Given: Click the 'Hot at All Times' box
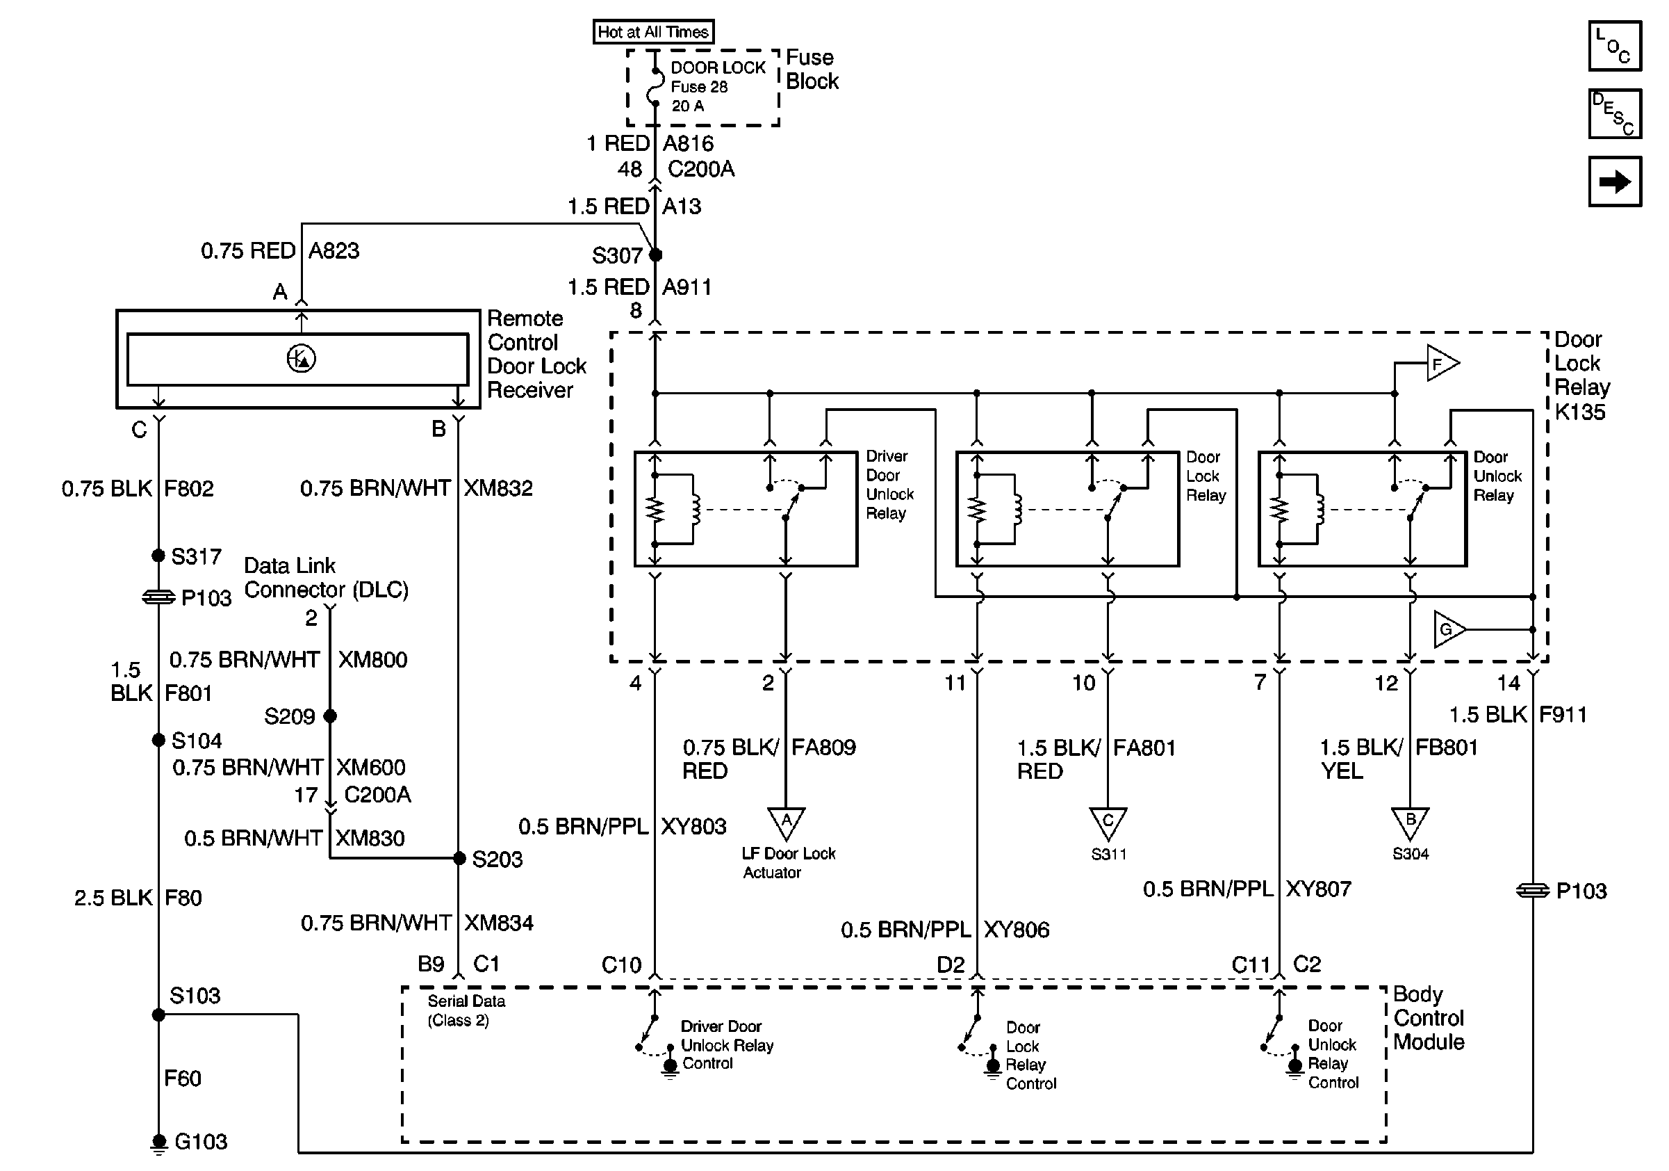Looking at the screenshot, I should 652,32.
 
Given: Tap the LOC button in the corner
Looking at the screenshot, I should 1615,47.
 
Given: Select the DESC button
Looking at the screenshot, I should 1615,113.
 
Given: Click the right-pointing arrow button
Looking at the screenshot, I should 1615,181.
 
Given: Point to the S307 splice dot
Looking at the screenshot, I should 656,255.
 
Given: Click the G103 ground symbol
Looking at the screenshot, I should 158,1142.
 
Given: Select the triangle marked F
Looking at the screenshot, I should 1441,363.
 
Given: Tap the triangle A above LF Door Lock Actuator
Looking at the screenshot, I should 786,822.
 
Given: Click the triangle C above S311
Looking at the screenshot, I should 1108,822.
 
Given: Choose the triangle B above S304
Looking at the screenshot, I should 1411,822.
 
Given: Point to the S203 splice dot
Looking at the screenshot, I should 459,858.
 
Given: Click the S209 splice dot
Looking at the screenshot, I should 330,716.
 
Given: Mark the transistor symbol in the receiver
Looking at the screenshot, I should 301,359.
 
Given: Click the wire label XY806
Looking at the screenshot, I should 1017,930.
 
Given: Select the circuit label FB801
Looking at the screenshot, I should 1447,748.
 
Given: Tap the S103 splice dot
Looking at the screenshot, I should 158,1015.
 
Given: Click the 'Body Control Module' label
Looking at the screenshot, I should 1429,1018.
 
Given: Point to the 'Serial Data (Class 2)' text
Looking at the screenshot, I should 466,1010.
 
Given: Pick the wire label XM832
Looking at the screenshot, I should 498,488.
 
